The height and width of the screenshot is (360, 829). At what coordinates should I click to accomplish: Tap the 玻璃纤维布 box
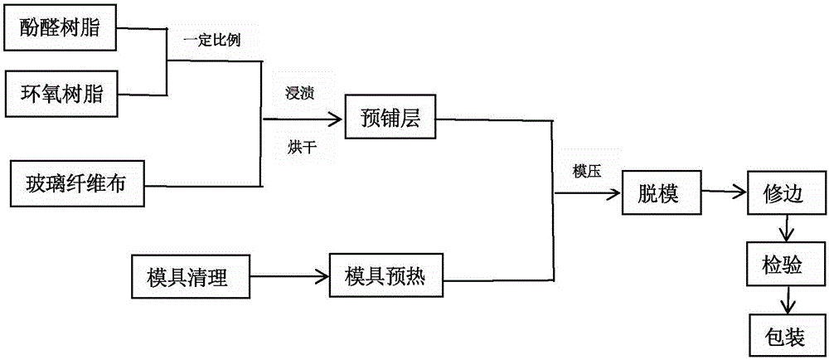tap(72, 184)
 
